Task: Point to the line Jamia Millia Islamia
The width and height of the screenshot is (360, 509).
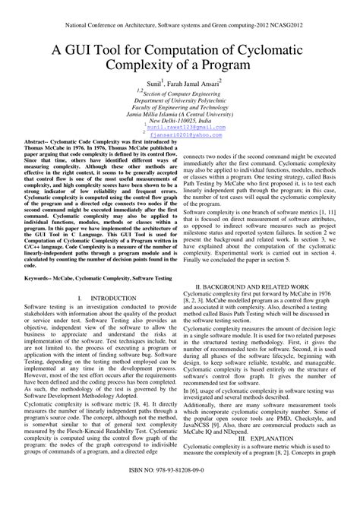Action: click(x=179, y=114)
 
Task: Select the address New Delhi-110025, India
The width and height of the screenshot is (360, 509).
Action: click(x=180, y=121)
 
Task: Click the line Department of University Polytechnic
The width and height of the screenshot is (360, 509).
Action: click(x=180, y=99)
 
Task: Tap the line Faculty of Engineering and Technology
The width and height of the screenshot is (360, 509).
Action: click(x=180, y=106)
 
